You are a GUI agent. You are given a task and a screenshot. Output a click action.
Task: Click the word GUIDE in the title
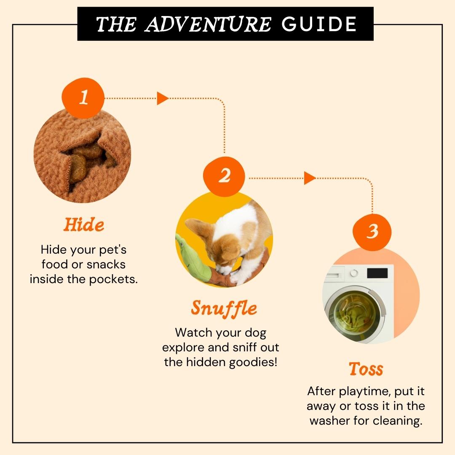tap(319, 24)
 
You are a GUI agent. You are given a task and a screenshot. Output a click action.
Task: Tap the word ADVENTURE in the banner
tap(208, 24)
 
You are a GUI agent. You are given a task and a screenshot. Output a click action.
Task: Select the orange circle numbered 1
tap(83, 98)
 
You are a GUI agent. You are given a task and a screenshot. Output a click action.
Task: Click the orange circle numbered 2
tap(224, 177)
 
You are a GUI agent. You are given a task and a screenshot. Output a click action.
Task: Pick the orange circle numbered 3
tap(372, 232)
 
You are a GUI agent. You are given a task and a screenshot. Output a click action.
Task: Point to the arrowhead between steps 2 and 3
tap(310, 178)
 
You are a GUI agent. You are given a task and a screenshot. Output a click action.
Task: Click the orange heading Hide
tap(84, 225)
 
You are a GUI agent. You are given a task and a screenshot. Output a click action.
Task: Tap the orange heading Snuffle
tap(224, 308)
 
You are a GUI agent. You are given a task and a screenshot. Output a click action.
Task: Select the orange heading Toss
tap(366, 369)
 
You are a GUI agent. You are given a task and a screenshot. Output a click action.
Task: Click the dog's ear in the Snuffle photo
tap(198, 228)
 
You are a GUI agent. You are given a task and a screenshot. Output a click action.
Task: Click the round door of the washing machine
tap(356, 314)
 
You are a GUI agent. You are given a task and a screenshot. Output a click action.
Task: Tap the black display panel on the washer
tap(377, 273)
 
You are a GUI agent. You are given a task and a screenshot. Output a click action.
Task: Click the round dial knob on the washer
tap(354, 273)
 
